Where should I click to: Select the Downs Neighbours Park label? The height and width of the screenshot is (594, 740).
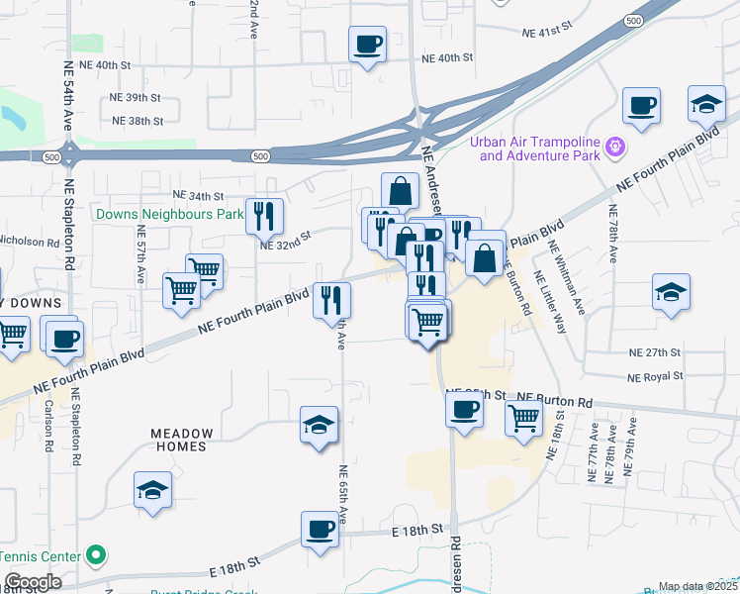pyautogui.click(x=169, y=214)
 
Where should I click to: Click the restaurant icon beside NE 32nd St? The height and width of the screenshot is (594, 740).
pyautogui.click(x=264, y=215)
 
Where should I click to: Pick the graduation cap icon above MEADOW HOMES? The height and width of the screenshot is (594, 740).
pyautogui.click(x=319, y=426)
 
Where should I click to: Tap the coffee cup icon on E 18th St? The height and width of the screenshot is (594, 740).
pyautogui.click(x=322, y=530)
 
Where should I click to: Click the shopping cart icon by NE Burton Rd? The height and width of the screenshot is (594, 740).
pyautogui.click(x=524, y=416)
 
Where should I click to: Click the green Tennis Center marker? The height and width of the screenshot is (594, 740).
pyautogui.click(x=95, y=554)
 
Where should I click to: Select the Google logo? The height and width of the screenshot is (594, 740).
pyautogui.click(x=32, y=582)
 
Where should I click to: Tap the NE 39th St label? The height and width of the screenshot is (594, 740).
pyautogui.click(x=136, y=98)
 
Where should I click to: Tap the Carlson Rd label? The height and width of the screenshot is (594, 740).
pyautogui.click(x=46, y=426)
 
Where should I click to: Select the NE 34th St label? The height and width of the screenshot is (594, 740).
pyautogui.click(x=198, y=196)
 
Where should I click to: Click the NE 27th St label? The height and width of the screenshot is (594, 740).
pyautogui.click(x=655, y=352)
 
